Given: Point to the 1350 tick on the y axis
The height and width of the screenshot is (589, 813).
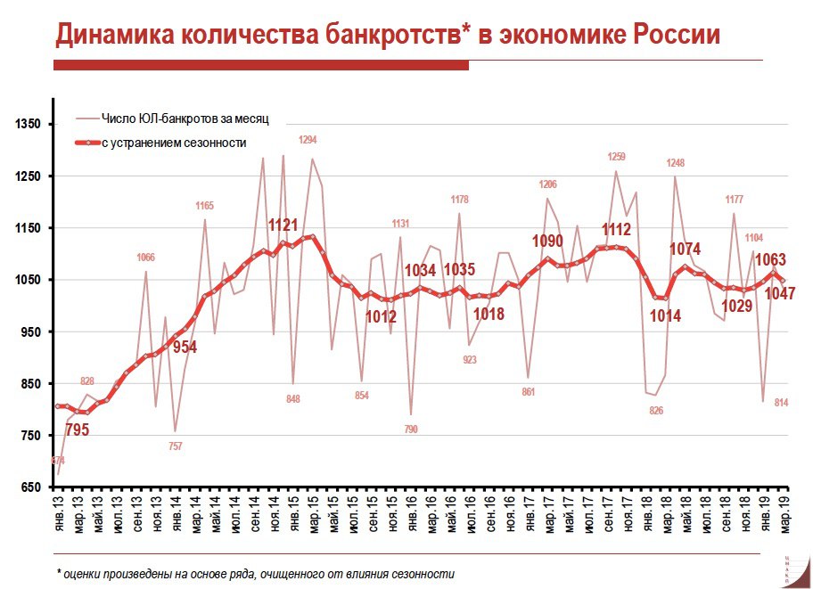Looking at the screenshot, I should [x=29, y=124].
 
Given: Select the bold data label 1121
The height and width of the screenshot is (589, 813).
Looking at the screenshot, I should [x=283, y=225].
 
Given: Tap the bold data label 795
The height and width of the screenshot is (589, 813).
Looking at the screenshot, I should [x=78, y=430].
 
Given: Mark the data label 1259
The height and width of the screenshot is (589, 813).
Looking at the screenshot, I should [x=616, y=157].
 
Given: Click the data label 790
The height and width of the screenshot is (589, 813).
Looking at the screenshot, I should [x=411, y=429].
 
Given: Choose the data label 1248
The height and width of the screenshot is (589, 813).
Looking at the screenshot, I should [x=676, y=163].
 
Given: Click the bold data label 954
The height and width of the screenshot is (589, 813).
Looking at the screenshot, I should [x=184, y=348].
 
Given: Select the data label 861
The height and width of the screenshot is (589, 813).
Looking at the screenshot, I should [x=528, y=391].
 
